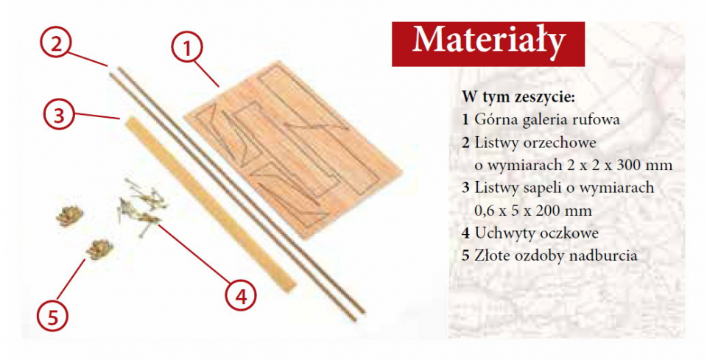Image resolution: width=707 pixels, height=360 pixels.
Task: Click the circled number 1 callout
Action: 188,48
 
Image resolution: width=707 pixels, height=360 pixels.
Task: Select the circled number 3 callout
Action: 59,114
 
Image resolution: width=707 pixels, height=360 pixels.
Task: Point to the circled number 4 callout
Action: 241,295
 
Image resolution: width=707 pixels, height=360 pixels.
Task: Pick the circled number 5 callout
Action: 53,316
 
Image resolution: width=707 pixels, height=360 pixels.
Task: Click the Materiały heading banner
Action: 488,43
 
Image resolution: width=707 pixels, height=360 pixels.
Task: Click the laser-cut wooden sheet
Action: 294,149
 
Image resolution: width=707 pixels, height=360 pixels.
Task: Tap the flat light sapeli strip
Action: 211,204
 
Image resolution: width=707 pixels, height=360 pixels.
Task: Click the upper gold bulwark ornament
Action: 70,216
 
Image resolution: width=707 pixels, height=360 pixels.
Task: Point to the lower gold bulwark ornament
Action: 99,249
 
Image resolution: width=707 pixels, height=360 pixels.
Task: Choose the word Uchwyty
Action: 500,233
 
